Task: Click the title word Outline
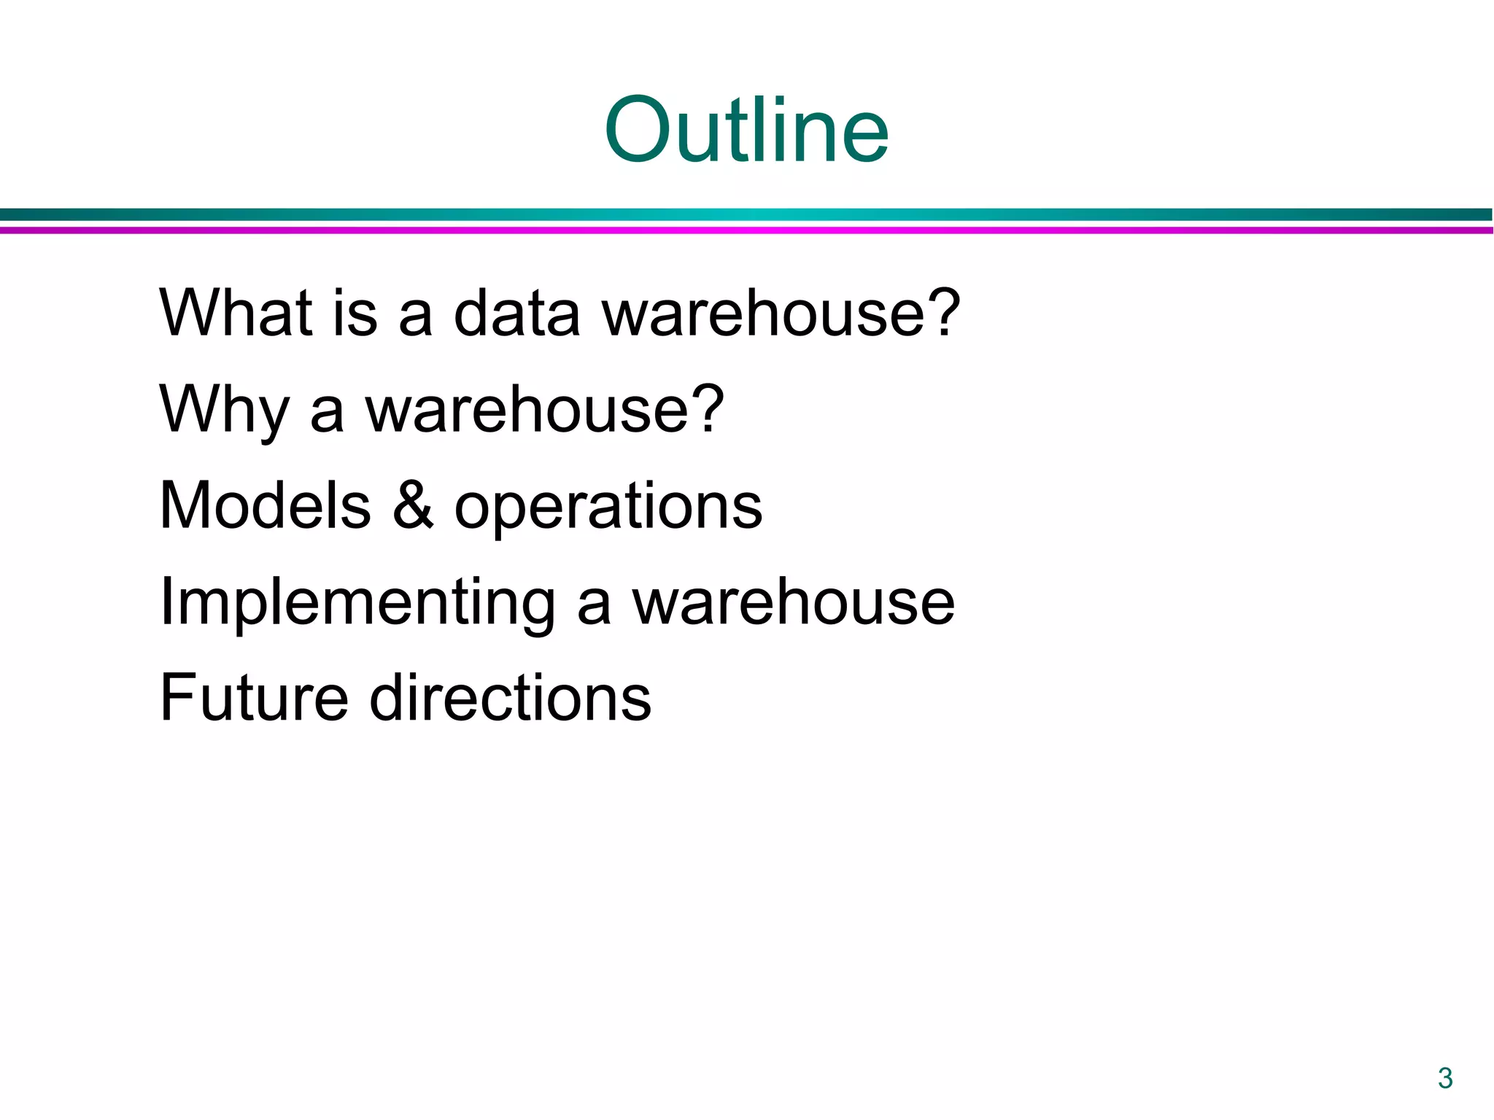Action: click(746, 131)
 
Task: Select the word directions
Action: click(510, 698)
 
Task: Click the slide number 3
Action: click(1445, 1078)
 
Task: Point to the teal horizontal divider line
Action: click(746, 214)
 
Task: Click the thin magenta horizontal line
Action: click(746, 230)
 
